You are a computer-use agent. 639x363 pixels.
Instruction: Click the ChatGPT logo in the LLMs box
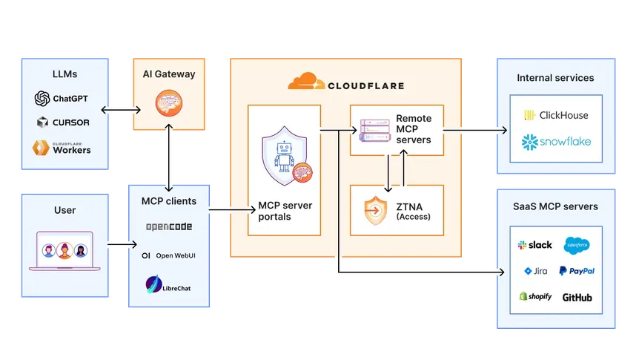coord(42,99)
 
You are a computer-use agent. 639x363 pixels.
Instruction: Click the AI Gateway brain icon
coord(169,103)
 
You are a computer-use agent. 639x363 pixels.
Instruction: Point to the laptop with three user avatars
coord(64,251)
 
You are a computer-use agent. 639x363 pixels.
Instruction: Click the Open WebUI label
coord(175,255)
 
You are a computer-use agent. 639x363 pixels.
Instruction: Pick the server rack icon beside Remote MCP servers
coord(374,130)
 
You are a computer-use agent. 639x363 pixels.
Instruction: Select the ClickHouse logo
coord(556,115)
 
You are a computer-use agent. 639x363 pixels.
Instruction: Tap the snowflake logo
coord(556,141)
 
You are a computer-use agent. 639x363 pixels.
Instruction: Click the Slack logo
coord(535,245)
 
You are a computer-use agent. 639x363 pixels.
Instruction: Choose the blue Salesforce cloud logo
coord(577,245)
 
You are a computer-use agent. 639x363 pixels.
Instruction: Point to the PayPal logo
coord(577,271)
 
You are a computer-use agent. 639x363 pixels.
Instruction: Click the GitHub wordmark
coord(577,297)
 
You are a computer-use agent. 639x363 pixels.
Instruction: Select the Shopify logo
coord(535,297)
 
